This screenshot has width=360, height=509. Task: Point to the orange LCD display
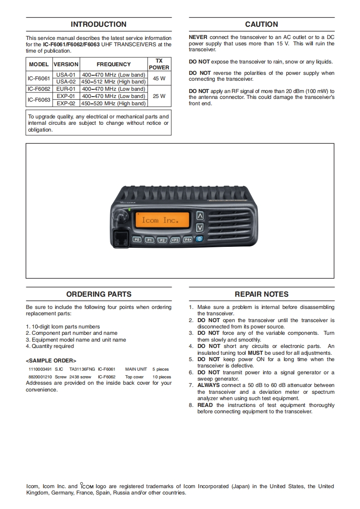click(x=162, y=220)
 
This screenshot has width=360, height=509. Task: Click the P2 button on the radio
click(x=162, y=240)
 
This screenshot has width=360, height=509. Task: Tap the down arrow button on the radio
click(x=200, y=227)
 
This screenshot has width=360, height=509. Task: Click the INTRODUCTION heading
click(x=99, y=24)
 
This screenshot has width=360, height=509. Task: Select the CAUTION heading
click(x=261, y=24)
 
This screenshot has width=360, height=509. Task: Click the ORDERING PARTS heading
click(x=99, y=294)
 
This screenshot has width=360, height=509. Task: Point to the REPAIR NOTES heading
click(x=261, y=294)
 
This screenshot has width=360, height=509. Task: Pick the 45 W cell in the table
click(x=159, y=78)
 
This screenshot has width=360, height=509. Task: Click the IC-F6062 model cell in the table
click(x=39, y=89)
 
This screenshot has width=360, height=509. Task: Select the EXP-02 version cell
click(x=66, y=103)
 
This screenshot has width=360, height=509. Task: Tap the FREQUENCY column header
click(x=113, y=64)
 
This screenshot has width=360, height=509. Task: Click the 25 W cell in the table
click(x=159, y=96)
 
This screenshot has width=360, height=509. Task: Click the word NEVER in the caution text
click(x=198, y=37)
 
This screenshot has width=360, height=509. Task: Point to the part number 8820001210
click(x=40, y=377)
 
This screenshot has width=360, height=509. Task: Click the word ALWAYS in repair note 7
click(x=208, y=385)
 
